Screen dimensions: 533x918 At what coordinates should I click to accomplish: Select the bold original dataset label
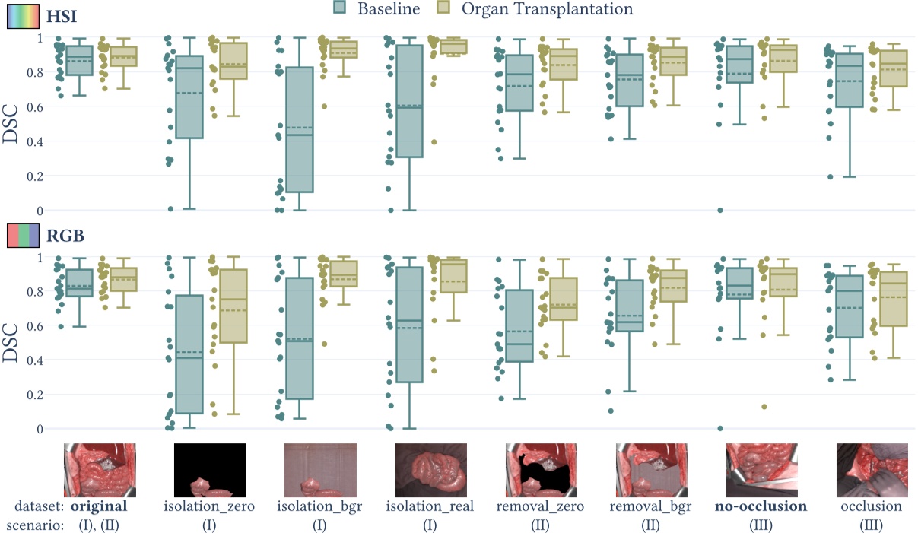[99, 506]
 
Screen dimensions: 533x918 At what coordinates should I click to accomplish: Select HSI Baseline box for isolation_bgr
[299, 129]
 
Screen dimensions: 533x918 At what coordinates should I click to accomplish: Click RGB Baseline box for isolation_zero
[189, 354]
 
